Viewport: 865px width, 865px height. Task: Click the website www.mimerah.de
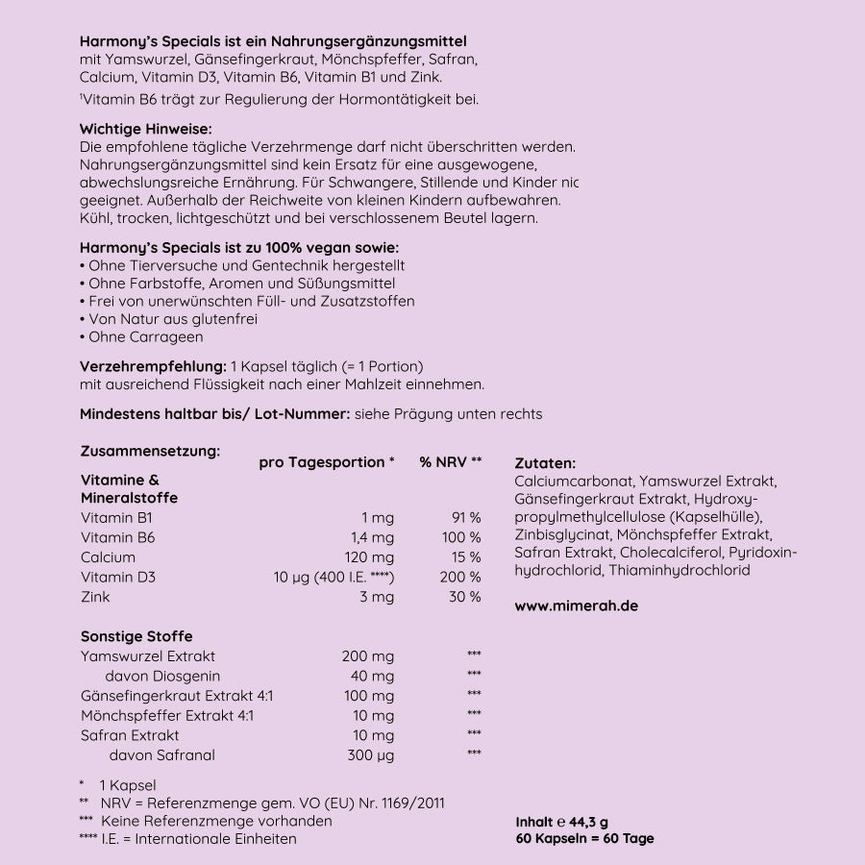pos(576,606)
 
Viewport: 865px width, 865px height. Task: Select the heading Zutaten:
pos(545,463)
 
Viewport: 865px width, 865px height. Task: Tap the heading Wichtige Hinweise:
pos(145,129)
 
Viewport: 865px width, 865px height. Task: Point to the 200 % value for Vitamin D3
pos(460,578)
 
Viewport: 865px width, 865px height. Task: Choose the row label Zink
pos(95,597)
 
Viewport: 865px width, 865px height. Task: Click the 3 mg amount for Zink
pos(377,597)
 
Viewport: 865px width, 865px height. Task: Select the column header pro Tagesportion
pos(327,462)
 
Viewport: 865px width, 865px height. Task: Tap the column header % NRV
pos(450,462)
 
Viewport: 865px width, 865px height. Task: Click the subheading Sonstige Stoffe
pos(136,636)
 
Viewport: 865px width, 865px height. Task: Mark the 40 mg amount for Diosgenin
pos(373,676)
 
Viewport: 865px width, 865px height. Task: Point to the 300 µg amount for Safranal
pos(370,755)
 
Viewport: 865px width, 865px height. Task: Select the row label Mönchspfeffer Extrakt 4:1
pos(167,715)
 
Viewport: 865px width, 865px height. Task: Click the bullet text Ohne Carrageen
pos(145,337)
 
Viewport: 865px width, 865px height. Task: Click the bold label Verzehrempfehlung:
pos(153,366)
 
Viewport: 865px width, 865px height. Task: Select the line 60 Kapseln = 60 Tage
pos(584,839)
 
